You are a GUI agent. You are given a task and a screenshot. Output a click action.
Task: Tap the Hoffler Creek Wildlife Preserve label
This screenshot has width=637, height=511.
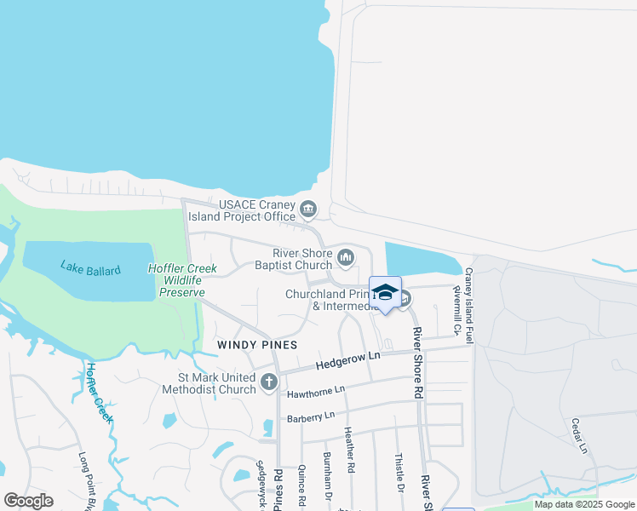[183, 280]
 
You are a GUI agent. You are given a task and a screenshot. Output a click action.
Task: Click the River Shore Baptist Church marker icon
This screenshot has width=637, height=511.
[346, 256]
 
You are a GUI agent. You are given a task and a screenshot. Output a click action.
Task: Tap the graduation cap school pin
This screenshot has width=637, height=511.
[385, 292]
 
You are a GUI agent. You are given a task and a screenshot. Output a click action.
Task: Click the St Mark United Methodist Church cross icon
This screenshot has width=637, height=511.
[269, 382]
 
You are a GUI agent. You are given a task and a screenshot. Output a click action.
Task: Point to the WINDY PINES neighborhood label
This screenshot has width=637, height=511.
[257, 345]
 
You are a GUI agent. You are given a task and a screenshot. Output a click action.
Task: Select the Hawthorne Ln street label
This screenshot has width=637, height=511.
[316, 389]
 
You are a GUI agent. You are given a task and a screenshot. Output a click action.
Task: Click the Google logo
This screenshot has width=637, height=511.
[27, 501]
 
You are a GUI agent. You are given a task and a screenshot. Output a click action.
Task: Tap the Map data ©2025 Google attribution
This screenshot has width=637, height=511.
[583, 504]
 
